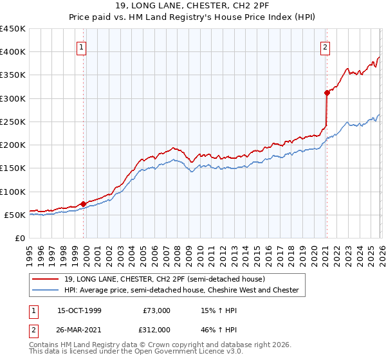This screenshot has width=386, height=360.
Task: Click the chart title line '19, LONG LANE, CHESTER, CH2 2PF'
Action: (x=193, y=6)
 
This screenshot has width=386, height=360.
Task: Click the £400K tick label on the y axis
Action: (x=13, y=52)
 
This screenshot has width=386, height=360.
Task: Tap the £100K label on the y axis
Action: (x=13, y=192)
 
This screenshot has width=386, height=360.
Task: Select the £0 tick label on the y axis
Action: (x=21, y=239)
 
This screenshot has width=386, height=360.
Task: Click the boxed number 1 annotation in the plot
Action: (x=83, y=47)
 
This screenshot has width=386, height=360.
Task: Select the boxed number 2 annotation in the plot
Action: (x=326, y=47)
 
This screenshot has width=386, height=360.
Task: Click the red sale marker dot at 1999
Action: (x=84, y=204)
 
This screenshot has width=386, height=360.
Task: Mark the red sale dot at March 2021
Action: (x=327, y=93)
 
